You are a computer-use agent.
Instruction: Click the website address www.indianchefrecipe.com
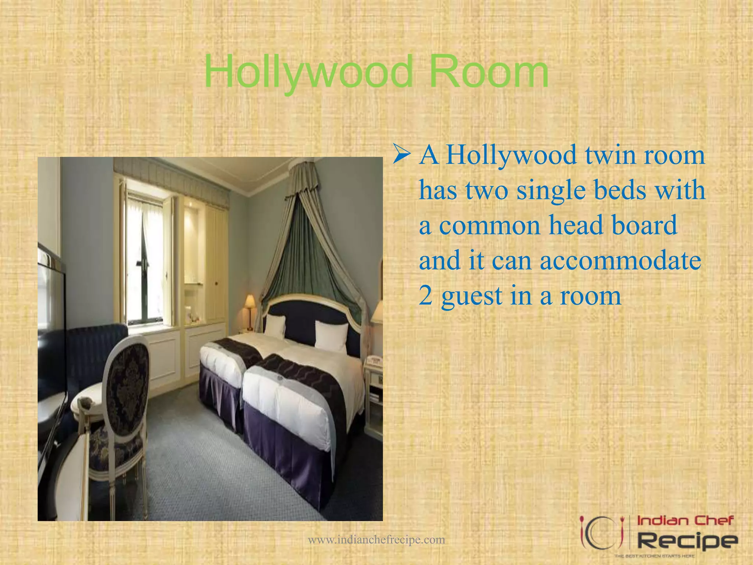pyautogui.click(x=376, y=540)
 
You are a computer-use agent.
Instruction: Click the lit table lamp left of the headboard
pyautogui.click(x=250, y=302)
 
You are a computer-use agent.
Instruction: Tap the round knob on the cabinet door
pyautogui.click(x=216, y=283)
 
